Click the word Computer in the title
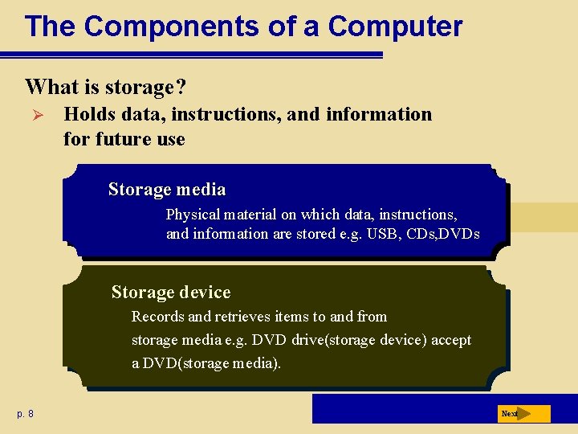[x=395, y=27]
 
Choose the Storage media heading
[x=167, y=190]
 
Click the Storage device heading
[x=171, y=292]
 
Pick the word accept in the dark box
[x=451, y=340]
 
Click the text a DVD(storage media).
[x=206, y=363]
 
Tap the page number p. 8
[x=25, y=413]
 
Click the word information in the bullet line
[x=378, y=114]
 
